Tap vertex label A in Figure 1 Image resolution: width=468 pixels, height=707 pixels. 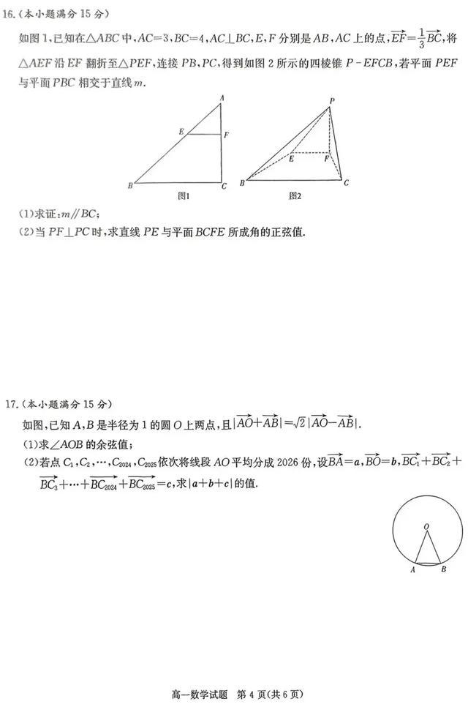tap(222, 98)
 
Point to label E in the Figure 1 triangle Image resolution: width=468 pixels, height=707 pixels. tap(181, 131)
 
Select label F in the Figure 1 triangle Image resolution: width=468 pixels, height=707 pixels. tap(227, 135)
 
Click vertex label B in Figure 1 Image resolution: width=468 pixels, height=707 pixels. tap(129, 186)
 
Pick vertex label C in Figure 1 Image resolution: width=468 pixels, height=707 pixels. tap(224, 186)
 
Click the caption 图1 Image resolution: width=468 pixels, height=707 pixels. tap(184, 196)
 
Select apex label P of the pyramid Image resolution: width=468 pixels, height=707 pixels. tap(331, 101)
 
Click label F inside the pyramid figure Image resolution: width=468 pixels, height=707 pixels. tap(326, 159)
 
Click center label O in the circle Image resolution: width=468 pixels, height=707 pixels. tap(426, 525)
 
